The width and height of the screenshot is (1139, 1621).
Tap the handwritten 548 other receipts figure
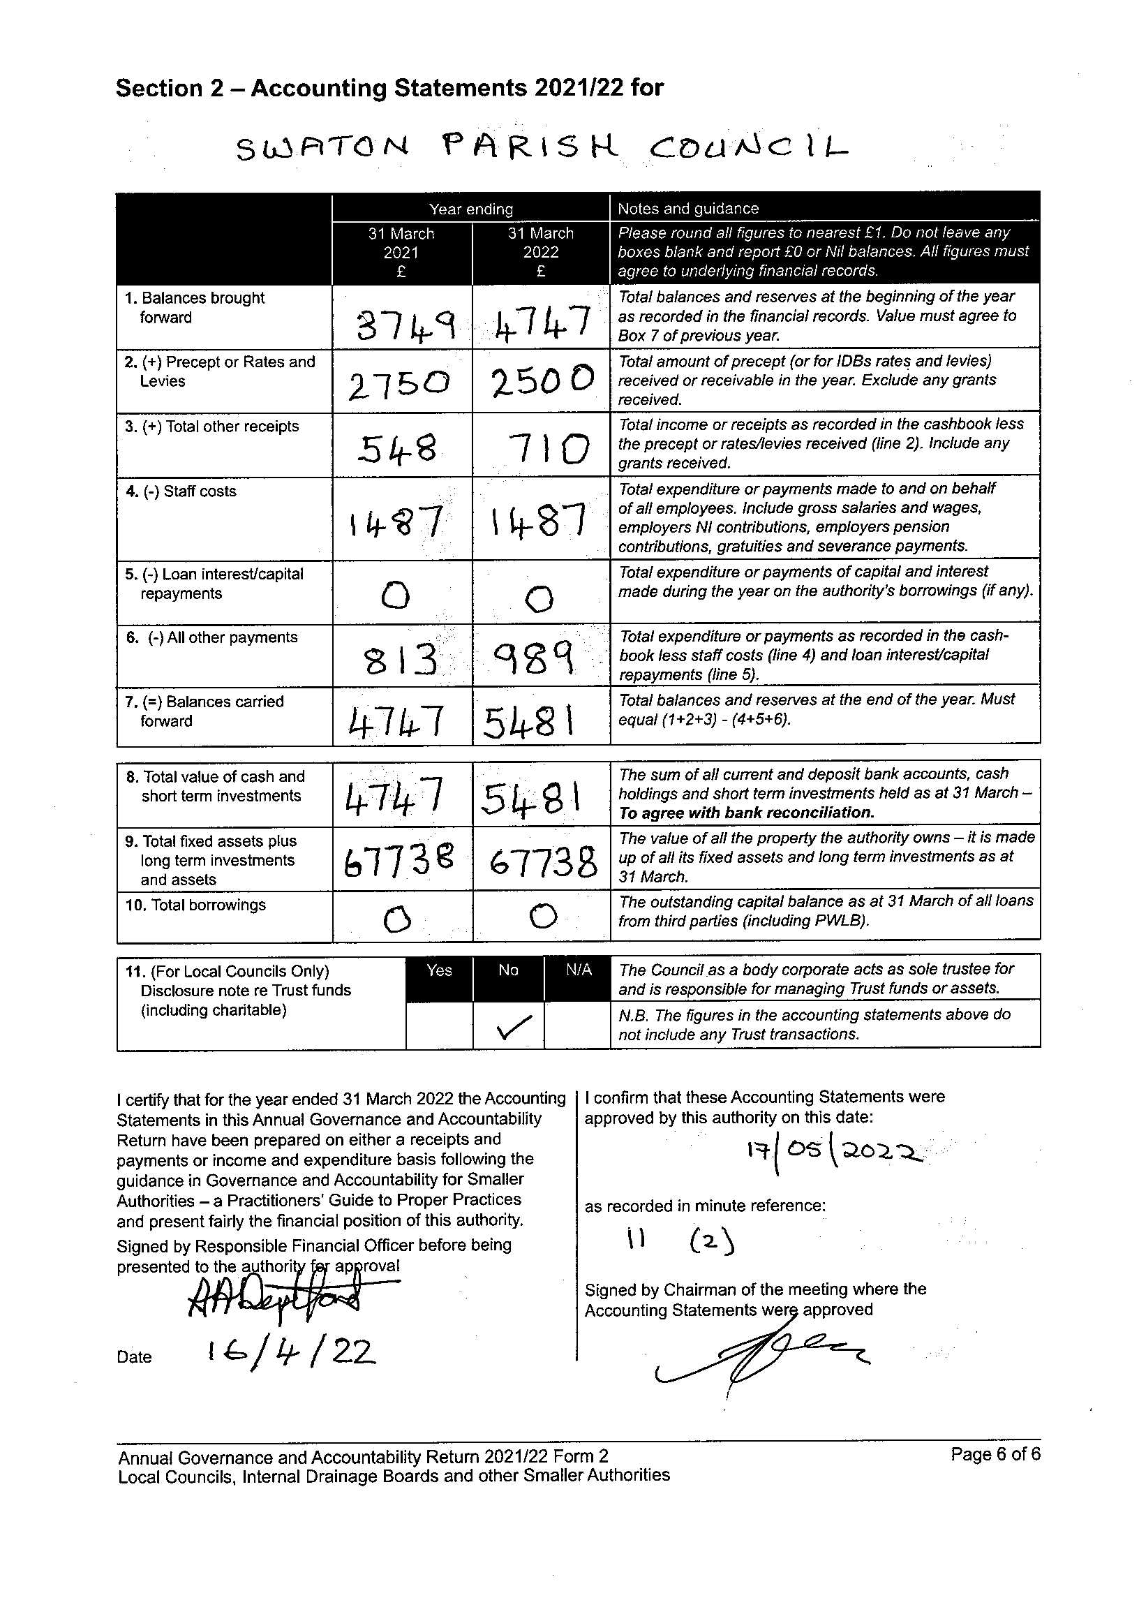[x=398, y=449]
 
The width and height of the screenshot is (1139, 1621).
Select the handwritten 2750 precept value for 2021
[x=399, y=385]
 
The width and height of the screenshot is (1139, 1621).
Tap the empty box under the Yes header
[x=439, y=1025]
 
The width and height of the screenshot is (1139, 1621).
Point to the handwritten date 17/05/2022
[x=833, y=1156]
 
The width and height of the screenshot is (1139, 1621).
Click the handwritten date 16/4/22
[x=291, y=1352]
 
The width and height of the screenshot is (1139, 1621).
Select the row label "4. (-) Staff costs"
[x=181, y=491]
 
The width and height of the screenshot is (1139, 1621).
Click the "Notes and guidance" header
[x=688, y=208]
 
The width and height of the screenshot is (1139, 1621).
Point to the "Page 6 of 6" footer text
[x=995, y=1454]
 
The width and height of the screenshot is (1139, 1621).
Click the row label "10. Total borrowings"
[x=195, y=905]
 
